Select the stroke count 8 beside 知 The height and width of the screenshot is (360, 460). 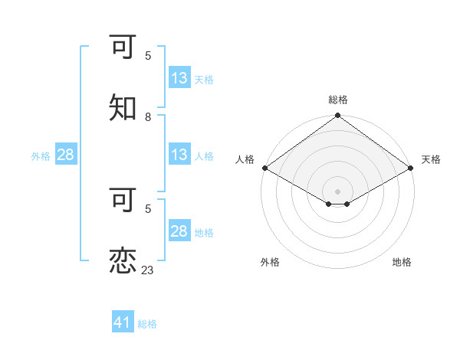(148, 116)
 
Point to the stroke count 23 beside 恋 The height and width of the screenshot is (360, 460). (148, 270)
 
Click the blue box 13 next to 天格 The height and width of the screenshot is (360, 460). (179, 78)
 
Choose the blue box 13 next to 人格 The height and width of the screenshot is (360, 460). (179, 155)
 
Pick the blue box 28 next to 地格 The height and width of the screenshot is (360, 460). (179, 231)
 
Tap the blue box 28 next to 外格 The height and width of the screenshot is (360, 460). (65, 155)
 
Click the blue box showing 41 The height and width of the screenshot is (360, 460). (123, 322)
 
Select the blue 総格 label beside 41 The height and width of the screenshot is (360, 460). (147, 324)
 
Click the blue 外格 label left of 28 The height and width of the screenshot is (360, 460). (41, 155)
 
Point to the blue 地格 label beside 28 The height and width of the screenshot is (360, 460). (204, 232)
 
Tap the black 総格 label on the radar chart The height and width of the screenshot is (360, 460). (338, 100)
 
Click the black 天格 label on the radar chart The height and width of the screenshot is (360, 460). (431, 159)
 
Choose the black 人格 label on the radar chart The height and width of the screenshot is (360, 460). (245, 159)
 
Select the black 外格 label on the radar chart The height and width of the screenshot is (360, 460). (270, 262)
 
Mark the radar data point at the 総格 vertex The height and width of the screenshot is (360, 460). (338, 116)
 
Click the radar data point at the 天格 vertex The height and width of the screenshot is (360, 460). (412, 168)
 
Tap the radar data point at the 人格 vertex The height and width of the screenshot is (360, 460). (264, 168)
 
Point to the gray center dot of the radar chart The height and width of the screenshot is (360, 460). (338, 191)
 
